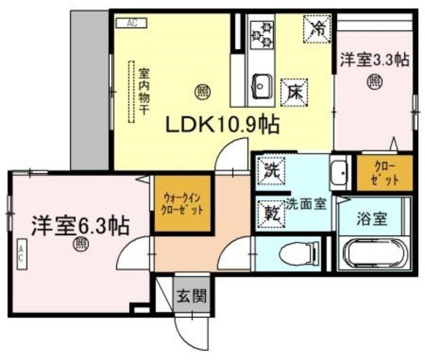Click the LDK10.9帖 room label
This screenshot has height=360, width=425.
click(222, 125)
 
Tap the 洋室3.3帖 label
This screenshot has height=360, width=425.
click(375, 60)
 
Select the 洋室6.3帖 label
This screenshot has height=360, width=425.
click(81, 225)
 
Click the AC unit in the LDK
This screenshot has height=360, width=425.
click(132, 23)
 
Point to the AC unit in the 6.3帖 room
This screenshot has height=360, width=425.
click(22, 254)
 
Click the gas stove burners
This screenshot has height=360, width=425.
click(262, 35)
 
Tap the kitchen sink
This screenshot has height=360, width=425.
click(262, 87)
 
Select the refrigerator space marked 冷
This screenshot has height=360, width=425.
click(317, 29)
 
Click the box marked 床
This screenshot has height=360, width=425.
click(294, 93)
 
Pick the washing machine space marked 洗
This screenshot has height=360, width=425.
click(271, 171)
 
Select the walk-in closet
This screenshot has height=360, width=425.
click(183, 204)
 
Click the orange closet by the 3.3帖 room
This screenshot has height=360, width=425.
click(385, 173)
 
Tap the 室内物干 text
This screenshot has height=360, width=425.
click(144, 91)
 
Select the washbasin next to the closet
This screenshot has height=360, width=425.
click(339, 173)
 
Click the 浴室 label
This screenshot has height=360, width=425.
click(372, 219)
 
